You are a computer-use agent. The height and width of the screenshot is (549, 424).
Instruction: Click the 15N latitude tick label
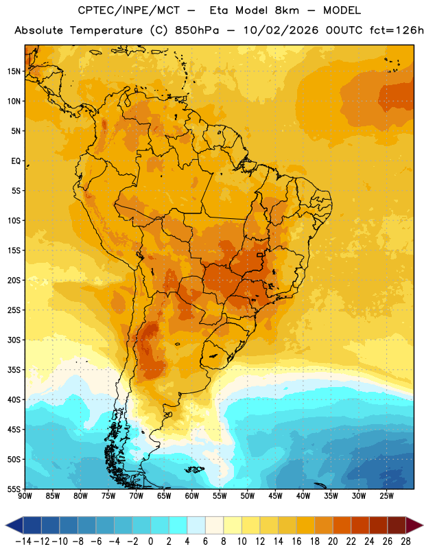pos(14,71)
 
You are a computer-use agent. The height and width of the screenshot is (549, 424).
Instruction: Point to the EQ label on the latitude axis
pos(16,161)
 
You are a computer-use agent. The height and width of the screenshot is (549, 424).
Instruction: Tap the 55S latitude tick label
pos(14,489)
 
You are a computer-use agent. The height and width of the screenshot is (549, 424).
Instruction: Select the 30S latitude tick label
pos(14,340)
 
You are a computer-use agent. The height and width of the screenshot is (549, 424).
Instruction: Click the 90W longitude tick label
pos(25,496)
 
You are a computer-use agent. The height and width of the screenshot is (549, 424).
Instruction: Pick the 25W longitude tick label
pos(386,496)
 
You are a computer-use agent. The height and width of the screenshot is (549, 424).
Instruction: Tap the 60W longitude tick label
pos(192,496)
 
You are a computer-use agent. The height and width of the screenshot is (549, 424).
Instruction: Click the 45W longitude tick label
pos(275,496)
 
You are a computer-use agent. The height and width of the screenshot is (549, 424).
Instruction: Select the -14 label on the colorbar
pos(23,541)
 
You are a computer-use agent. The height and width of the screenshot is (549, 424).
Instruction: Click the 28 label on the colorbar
pos(405,541)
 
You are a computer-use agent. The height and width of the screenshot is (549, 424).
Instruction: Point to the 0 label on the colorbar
pos(150,541)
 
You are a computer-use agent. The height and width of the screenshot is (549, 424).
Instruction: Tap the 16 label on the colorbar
pos(296,541)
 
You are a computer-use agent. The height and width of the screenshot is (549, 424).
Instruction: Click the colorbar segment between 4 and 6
pos(196,525)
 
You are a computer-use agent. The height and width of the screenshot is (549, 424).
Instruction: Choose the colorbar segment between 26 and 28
pos(397,525)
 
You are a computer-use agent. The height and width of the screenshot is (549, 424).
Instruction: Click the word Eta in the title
pos(219,10)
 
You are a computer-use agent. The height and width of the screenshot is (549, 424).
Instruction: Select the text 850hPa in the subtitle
pos(197,30)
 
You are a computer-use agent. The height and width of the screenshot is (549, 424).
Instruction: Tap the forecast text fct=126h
pos(397,30)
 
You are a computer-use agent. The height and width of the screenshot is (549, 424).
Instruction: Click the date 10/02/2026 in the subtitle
pos(281,30)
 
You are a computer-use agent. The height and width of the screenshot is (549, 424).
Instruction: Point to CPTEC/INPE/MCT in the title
pos(129,11)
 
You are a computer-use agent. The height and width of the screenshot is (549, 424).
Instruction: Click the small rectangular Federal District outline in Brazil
pos(260,255)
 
